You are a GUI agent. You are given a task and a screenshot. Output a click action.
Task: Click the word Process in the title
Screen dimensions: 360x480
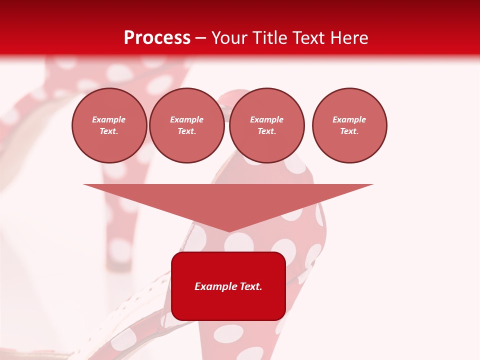pyautogui.click(x=157, y=38)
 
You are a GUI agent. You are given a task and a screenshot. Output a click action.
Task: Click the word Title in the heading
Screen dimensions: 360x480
pyautogui.click(x=271, y=38)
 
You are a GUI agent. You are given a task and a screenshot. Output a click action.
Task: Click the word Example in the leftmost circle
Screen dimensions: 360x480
pyautogui.click(x=109, y=119)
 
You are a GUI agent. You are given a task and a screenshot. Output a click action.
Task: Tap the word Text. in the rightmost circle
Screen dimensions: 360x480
pyautogui.click(x=349, y=131)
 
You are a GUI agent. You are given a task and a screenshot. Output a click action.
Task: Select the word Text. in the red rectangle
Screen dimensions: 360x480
pyautogui.click(x=252, y=286)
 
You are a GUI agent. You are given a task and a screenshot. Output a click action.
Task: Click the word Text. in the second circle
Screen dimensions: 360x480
pyautogui.click(x=186, y=131)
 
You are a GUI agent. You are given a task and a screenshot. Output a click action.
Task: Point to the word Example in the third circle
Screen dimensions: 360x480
pyautogui.click(x=266, y=119)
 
